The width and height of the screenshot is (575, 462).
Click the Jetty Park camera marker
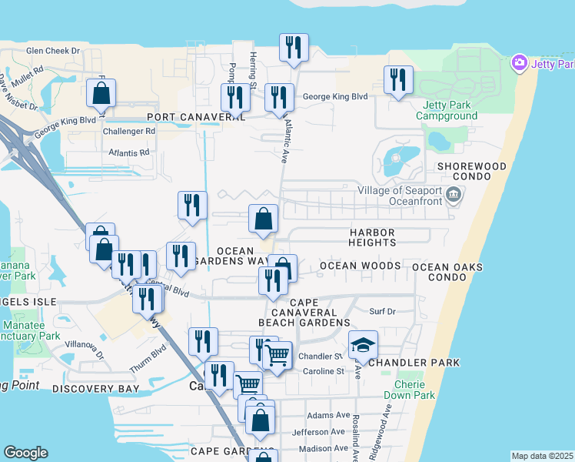tap(520, 62)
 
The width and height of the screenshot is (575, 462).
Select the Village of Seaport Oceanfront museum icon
tap(454, 193)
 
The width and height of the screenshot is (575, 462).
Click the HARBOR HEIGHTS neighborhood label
tap(372, 237)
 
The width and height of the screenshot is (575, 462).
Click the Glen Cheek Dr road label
tap(53, 51)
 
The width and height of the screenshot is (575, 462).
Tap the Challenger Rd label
tap(129, 131)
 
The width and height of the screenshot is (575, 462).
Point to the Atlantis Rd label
tap(128, 152)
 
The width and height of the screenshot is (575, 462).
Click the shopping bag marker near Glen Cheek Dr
tap(101, 95)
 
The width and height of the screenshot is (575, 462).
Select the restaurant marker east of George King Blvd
tap(398, 80)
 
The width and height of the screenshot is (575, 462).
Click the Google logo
tap(25, 453)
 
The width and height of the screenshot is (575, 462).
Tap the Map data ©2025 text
tap(541, 456)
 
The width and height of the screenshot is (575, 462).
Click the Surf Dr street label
tap(382, 312)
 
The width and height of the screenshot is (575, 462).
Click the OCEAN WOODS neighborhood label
tap(360, 266)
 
